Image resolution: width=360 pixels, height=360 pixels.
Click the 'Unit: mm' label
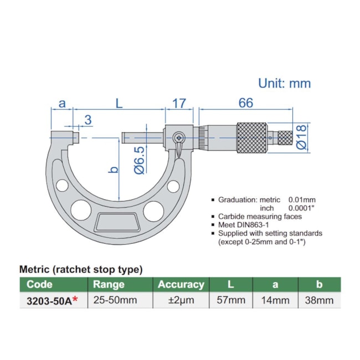(284, 83)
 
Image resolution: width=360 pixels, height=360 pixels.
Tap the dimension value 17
(178, 103)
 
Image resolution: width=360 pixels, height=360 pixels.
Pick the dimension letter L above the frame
(119, 103)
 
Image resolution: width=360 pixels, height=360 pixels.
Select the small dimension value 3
(88, 120)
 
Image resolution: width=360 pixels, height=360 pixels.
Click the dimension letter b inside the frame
(113, 169)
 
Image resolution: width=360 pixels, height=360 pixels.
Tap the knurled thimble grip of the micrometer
(255, 137)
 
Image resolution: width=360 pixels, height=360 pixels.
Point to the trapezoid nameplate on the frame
(117, 223)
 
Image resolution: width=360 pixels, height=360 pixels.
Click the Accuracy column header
(181, 285)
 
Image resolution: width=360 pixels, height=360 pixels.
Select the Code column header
(40, 285)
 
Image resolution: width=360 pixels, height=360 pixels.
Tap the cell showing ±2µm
(181, 301)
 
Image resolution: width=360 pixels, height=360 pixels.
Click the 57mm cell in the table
(230, 301)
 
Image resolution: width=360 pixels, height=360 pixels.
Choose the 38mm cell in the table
(319, 301)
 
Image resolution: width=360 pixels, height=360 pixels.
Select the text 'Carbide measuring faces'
(260, 217)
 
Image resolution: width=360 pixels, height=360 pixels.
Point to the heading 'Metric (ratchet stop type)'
(81, 269)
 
